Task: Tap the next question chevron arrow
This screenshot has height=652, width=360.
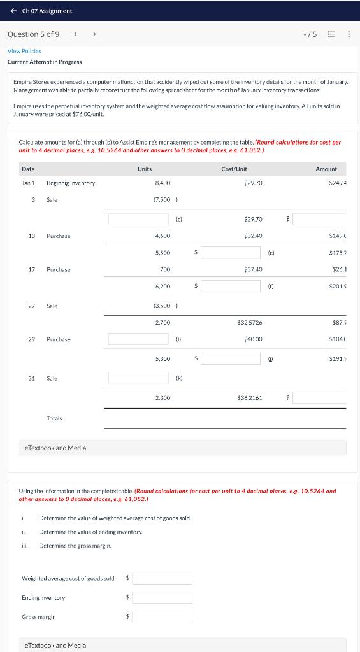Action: [94, 34]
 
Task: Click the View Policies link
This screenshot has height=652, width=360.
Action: [24, 50]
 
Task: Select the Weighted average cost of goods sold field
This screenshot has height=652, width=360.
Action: [162, 578]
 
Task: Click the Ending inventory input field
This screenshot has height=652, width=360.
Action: [162, 597]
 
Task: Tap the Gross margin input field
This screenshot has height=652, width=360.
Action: [162, 616]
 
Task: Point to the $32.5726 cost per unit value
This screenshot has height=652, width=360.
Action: [249, 323]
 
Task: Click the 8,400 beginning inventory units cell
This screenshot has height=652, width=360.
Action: [162, 183]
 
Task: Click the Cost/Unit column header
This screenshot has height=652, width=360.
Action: [234, 169]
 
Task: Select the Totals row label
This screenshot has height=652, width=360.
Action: [54, 418]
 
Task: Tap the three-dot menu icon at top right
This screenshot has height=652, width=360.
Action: [349, 34]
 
